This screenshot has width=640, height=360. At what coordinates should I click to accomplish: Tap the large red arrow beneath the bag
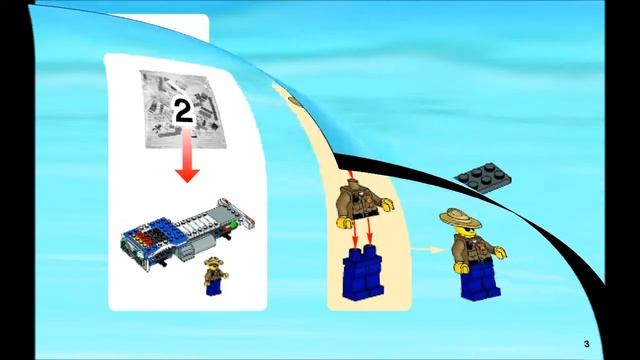click(187, 155)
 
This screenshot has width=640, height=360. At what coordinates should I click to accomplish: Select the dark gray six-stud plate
click(483, 176)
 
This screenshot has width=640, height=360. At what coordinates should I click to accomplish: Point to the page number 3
click(587, 344)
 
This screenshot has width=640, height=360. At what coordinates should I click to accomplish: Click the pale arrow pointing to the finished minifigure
click(428, 249)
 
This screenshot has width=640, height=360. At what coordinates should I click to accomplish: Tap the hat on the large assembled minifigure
click(460, 218)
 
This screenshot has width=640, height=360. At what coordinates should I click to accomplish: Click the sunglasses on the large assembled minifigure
click(467, 232)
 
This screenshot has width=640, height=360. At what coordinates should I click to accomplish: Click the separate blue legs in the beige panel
click(363, 273)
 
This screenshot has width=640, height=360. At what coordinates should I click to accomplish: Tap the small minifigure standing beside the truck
click(215, 276)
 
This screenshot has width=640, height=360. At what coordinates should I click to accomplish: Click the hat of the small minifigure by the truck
click(213, 260)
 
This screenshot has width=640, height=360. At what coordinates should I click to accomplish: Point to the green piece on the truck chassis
click(233, 224)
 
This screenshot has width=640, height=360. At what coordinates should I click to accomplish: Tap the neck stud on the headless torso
click(351, 183)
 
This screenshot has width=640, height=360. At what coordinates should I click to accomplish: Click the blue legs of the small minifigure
click(213, 287)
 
